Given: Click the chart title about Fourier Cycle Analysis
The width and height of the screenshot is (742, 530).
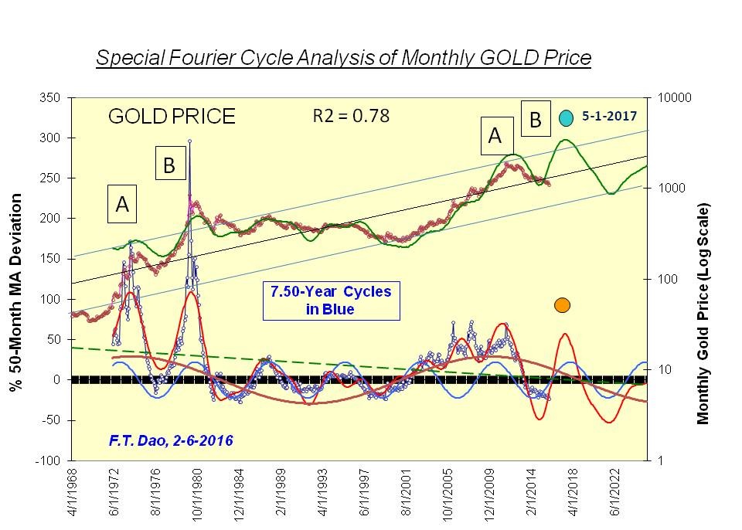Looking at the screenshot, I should pos(343,59).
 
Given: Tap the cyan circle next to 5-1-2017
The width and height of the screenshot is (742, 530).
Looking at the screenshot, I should pos(566,117).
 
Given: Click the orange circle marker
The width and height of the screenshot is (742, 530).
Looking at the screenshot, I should pos(562,304).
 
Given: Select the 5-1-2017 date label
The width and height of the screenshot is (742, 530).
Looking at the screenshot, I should pos(609,116).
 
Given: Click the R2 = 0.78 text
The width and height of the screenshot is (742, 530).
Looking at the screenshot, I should pos(351,116).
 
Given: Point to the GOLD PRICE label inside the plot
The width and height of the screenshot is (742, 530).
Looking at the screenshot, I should pos(172,117).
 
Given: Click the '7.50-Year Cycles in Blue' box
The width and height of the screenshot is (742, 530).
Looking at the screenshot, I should pos(331,301).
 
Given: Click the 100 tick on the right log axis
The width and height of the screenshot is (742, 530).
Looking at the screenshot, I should pos(667,279).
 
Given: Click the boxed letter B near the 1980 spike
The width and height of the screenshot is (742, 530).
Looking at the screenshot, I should pos(169,165).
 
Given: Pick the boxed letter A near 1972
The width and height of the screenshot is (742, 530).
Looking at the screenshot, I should pos(122,204).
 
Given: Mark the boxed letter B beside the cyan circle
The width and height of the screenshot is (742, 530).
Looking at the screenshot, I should pos(535,120).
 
